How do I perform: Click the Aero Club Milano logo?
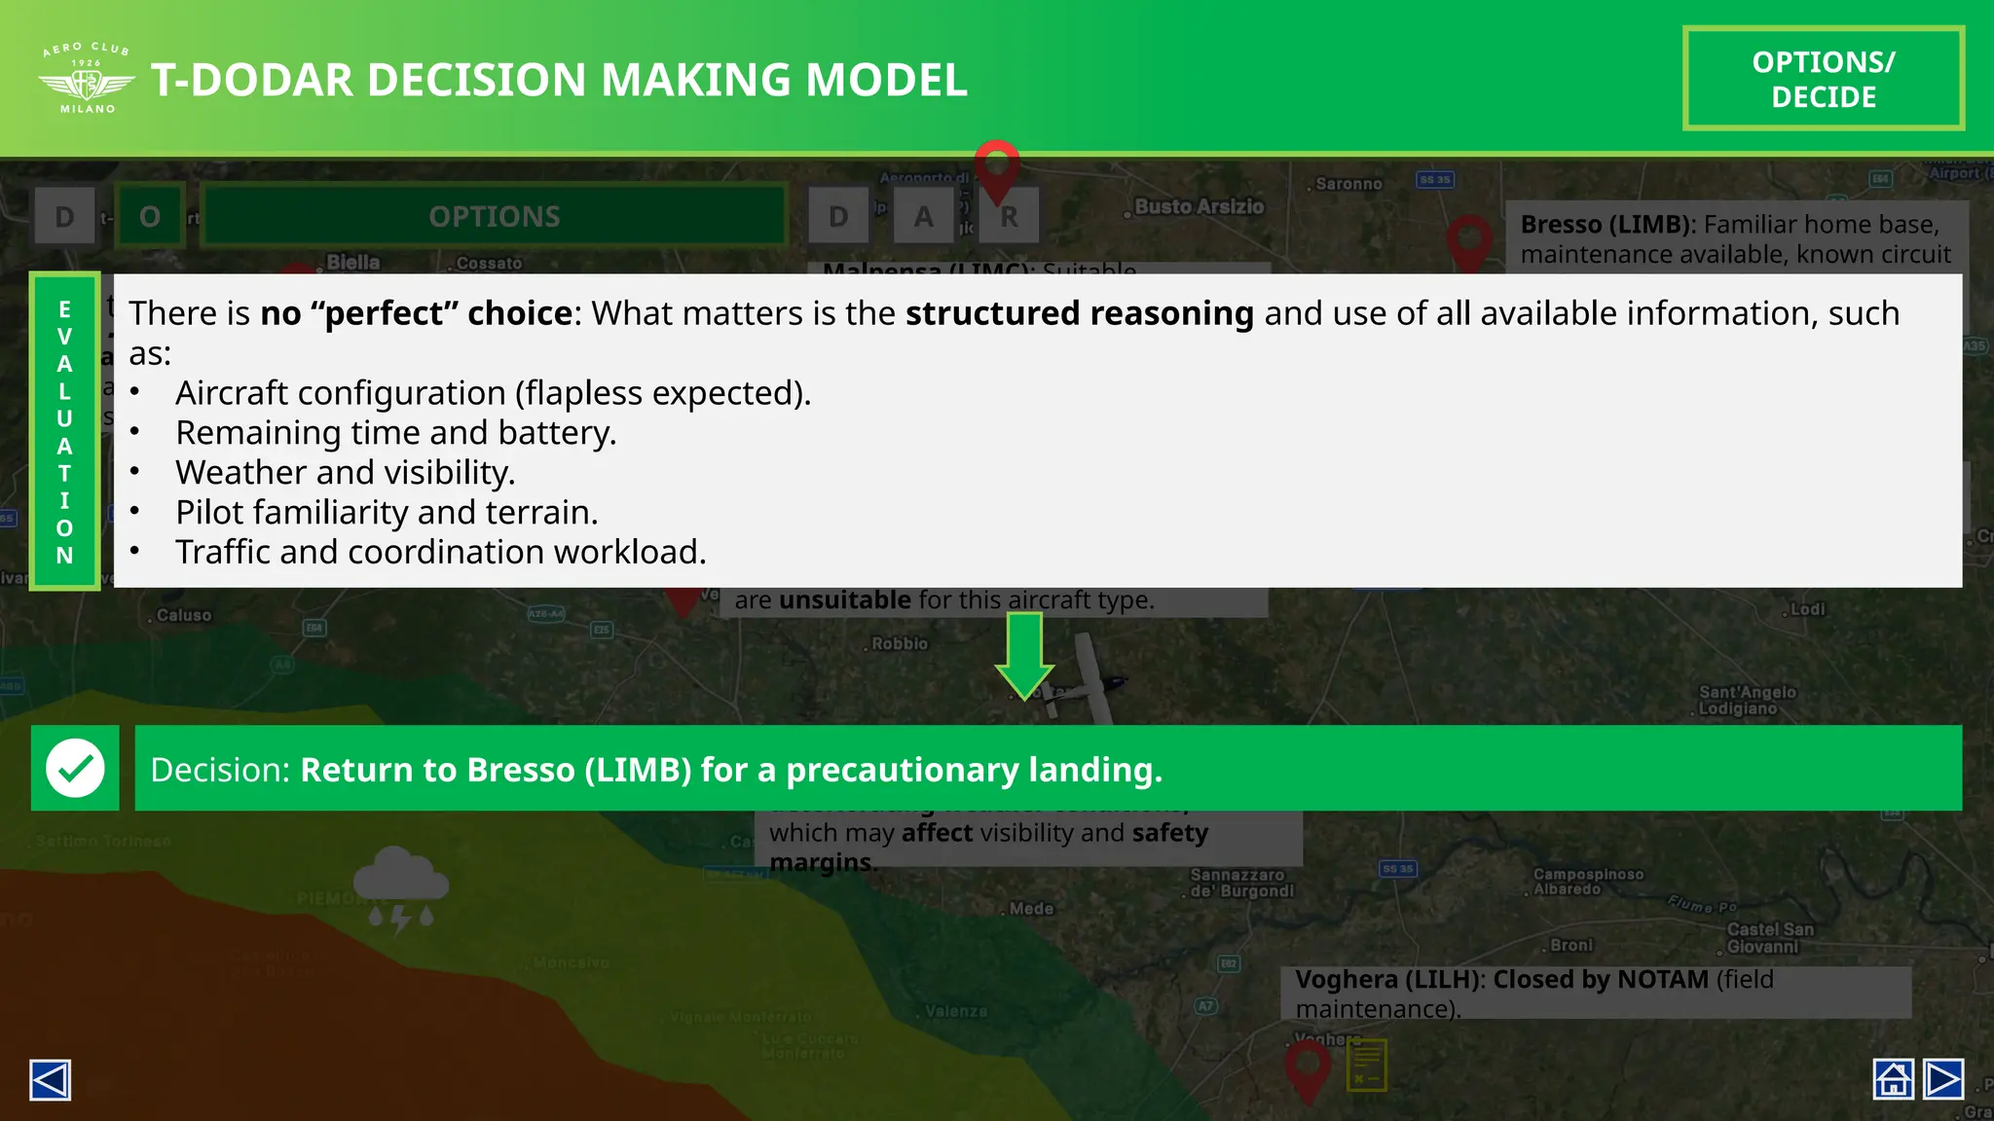(87, 79)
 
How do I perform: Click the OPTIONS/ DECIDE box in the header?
(1823, 79)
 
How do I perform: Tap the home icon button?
(1893, 1079)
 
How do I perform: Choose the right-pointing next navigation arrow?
(1943, 1079)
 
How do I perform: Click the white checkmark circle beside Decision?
(75, 768)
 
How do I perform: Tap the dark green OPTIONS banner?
(495, 216)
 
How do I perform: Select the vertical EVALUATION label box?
(64, 431)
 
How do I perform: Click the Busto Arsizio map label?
(1199, 206)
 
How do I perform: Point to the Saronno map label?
(1348, 184)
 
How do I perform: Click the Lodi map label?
(1808, 609)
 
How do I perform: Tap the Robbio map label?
(900, 643)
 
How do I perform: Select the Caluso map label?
(184, 615)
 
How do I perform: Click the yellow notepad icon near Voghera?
(1367, 1065)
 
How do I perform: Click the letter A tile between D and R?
(923, 216)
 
